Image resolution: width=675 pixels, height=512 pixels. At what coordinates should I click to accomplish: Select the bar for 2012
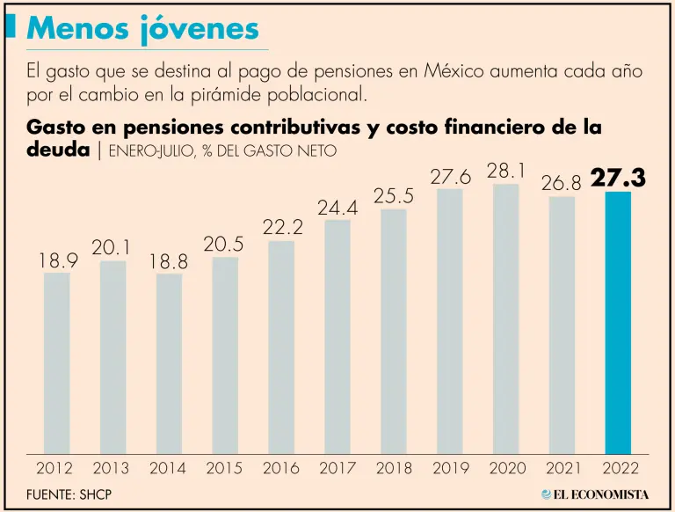tap(56, 362)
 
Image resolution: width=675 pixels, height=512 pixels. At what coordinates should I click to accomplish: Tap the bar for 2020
tap(505, 318)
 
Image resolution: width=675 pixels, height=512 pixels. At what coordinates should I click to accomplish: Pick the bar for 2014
tap(169, 363)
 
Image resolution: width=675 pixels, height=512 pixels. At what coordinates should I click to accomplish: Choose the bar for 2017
tap(337, 336)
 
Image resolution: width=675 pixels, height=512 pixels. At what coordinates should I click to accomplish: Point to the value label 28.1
tap(505, 171)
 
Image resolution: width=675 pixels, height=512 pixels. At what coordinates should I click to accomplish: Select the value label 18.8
tap(169, 261)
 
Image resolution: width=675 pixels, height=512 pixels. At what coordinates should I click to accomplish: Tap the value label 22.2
tap(281, 228)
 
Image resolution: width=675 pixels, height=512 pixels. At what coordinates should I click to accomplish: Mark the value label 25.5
tap(394, 196)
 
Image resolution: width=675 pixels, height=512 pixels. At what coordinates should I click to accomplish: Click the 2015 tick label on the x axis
tap(225, 469)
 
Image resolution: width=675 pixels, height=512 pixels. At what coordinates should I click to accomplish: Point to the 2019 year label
tap(450, 469)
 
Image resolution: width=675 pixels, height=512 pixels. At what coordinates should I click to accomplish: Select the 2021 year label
tap(562, 469)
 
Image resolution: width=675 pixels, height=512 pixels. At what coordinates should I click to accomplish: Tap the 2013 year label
tap(112, 469)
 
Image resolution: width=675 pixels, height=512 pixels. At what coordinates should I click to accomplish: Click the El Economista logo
tap(595, 494)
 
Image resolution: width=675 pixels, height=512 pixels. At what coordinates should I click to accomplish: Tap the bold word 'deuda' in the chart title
tap(58, 149)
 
